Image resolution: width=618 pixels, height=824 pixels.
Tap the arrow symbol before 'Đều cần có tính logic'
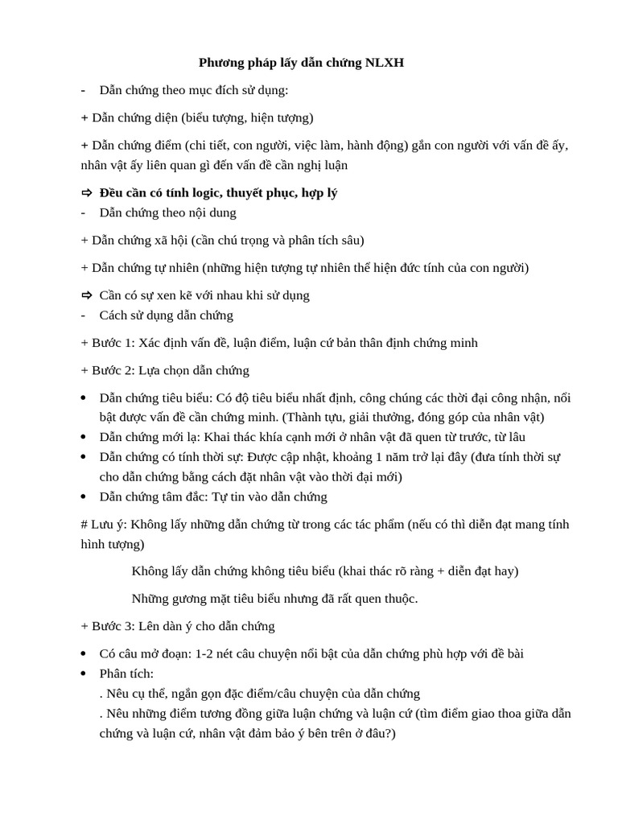[x=87, y=194]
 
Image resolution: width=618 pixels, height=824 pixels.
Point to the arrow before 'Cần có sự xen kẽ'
[x=87, y=295]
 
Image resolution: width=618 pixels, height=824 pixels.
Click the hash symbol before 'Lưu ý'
[x=84, y=525]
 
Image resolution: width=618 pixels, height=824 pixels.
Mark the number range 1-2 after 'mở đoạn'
[x=204, y=653]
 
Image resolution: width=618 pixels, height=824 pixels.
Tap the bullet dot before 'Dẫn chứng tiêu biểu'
[x=85, y=398]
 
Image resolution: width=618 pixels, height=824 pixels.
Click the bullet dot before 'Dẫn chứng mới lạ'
[x=85, y=437]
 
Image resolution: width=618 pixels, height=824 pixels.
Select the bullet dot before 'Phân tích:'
[x=85, y=674]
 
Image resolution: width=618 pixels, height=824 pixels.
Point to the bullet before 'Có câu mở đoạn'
[x=85, y=654]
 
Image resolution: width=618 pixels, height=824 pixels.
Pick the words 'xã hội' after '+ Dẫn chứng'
[x=167, y=241]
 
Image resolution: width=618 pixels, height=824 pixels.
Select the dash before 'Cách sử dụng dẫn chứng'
[x=84, y=315]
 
